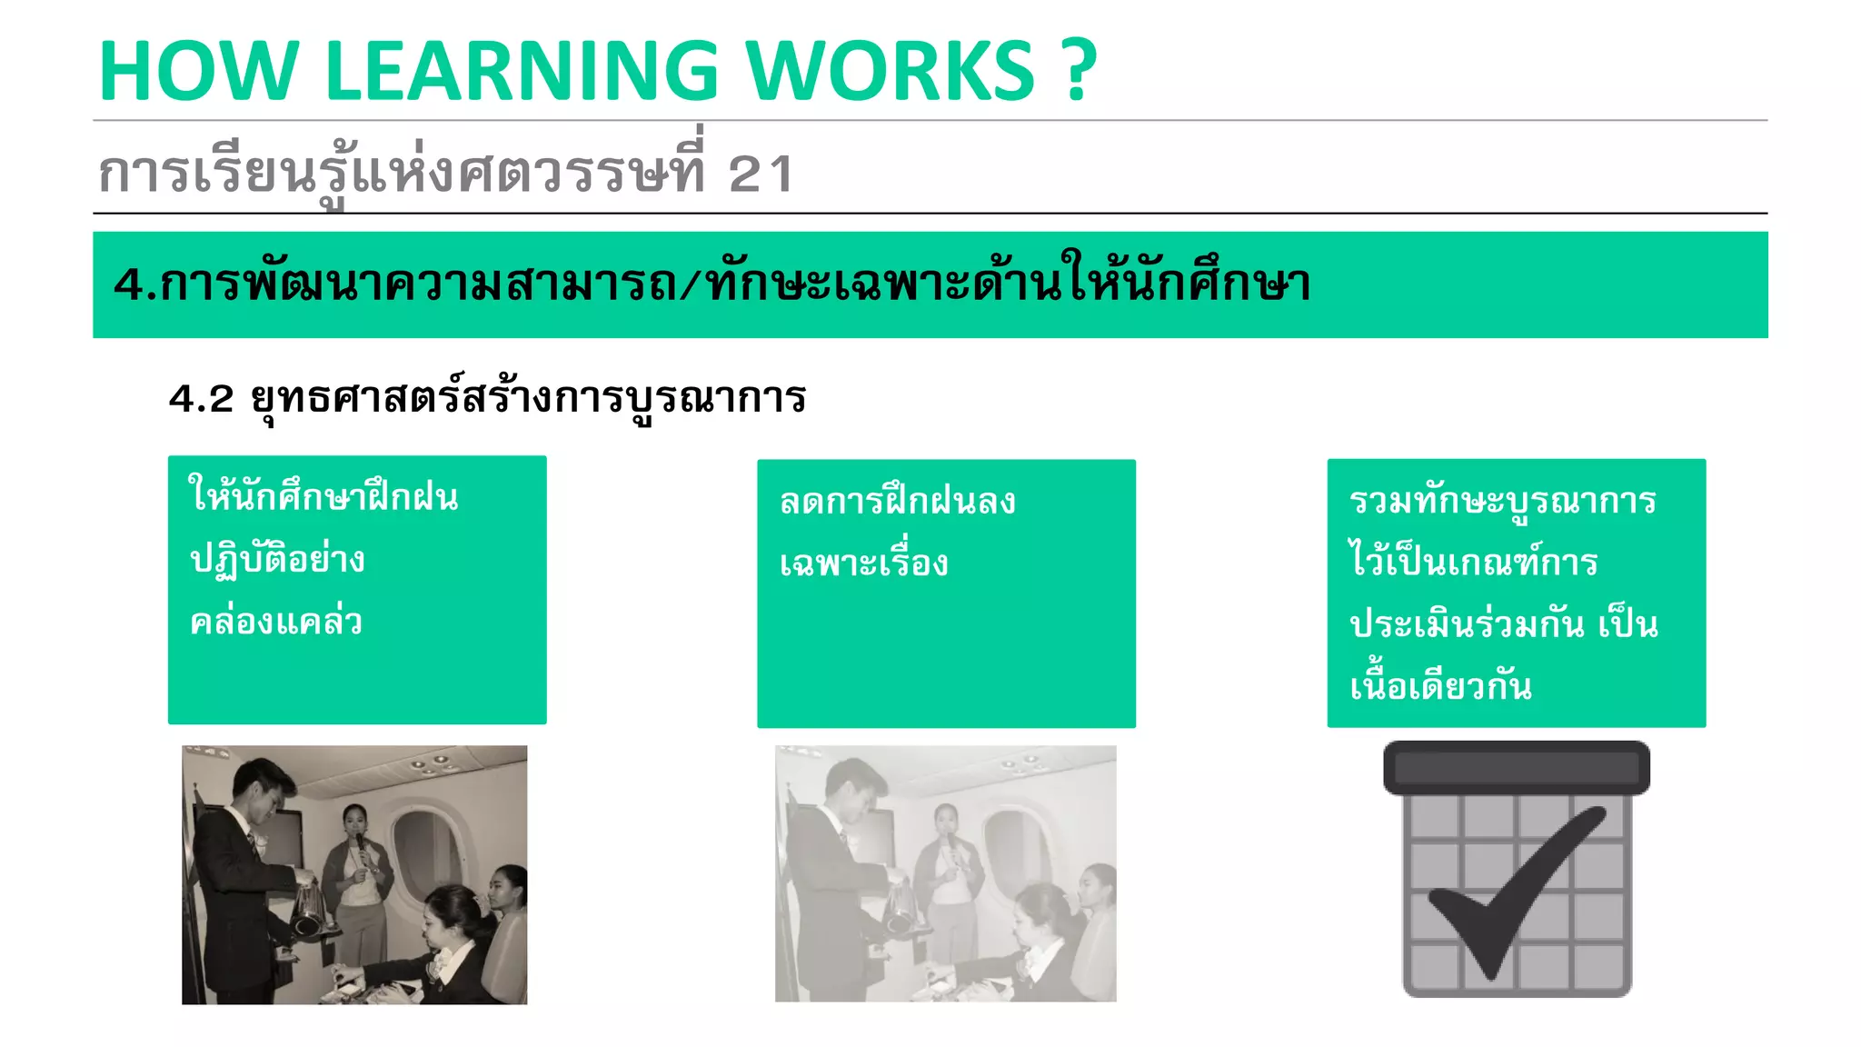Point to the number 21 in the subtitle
point(761,174)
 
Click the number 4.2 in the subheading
point(201,399)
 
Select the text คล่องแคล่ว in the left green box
point(276,623)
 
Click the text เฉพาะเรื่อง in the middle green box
point(863,563)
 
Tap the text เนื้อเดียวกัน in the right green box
point(1440,686)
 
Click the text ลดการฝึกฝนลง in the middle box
point(898,502)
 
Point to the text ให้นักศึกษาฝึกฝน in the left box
point(323,497)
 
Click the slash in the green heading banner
point(692,285)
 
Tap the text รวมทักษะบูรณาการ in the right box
point(1503,501)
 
